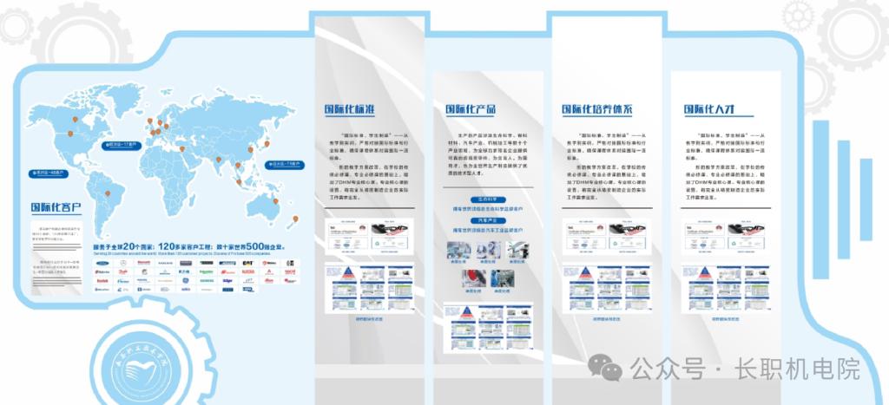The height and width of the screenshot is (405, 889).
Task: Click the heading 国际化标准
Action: click(350, 110)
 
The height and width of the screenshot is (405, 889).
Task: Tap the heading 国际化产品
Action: click(470, 110)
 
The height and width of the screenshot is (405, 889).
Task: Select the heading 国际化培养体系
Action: click(596, 110)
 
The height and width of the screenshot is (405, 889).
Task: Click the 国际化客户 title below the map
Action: click(56, 208)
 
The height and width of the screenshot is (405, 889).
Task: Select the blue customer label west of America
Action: click(44, 173)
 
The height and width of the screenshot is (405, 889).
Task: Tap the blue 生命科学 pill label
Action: click(487, 199)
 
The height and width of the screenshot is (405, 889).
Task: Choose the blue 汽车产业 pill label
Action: click(487, 221)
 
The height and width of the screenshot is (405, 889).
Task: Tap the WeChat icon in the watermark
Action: click(605, 368)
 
